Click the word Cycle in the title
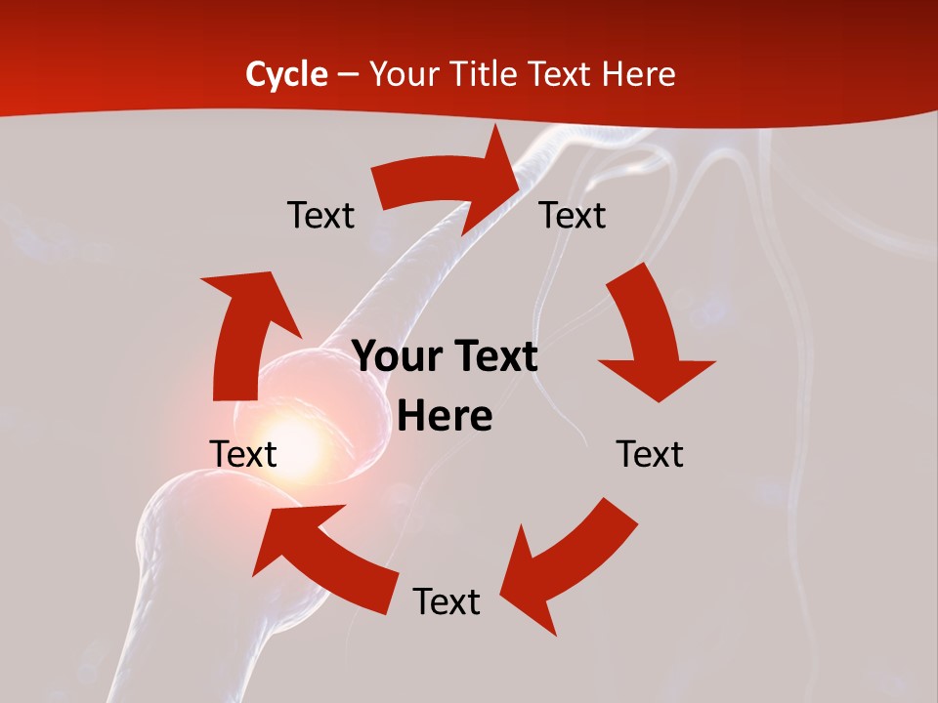point(286,74)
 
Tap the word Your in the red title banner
point(404,74)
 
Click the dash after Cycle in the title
point(348,76)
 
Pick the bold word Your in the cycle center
point(396,357)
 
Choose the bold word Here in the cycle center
point(445,417)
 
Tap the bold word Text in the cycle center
point(491,357)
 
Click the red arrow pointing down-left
point(567,566)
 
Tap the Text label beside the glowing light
point(243,454)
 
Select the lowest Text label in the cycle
point(447,601)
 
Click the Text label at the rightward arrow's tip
point(573,215)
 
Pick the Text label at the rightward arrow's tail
point(320,215)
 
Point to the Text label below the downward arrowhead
point(650,454)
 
